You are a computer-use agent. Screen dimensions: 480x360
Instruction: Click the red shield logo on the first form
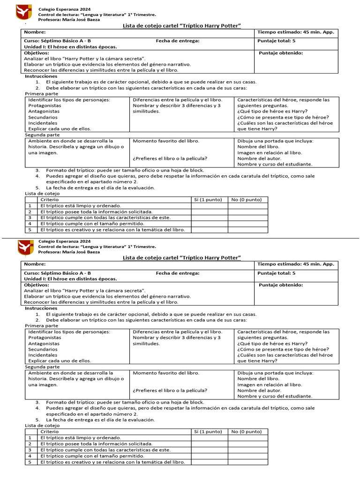pyautogui.click(x=24, y=13)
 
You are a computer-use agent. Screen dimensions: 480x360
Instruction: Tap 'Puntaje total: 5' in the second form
pyautogui.click(x=277, y=273)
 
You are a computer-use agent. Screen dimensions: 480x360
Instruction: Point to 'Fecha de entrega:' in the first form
pyautogui.click(x=178, y=41)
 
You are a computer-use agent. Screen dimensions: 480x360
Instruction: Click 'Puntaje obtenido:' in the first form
pyautogui.click(x=281, y=53)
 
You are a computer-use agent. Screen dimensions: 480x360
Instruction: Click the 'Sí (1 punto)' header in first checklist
pyautogui.click(x=208, y=200)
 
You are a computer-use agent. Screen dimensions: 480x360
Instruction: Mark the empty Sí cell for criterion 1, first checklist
pyautogui.click(x=209, y=206)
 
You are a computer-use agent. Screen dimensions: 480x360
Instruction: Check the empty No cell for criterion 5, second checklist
pyautogui.click(x=248, y=462)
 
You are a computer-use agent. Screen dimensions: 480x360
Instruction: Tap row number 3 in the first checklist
pyautogui.click(x=30, y=217)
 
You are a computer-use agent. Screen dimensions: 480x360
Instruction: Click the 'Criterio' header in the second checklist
pyautogui.click(x=50, y=432)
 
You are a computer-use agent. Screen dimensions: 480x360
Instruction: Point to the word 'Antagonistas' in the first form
pyautogui.click(x=44, y=112)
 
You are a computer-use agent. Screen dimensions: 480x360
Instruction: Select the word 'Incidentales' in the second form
pyautogui.click(x=43, y=355)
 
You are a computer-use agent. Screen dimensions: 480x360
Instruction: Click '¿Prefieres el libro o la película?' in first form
pyautogui.click(x=170, y=158)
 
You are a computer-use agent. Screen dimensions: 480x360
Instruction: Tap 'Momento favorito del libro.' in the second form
pyautogui.click(x=166, y=373)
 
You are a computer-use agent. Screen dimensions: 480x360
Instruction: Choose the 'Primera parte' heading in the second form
pyautogui.click(x=41, y=326)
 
